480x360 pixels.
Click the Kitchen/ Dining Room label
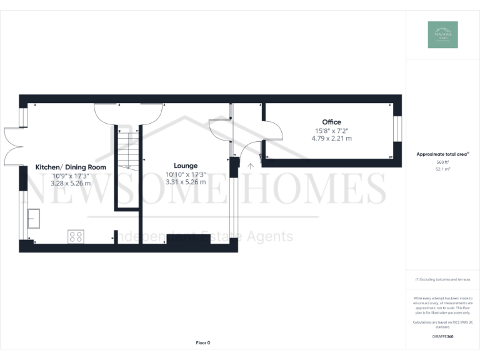point(71,167)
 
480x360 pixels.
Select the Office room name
point(331,122)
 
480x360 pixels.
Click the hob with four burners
point(76,236)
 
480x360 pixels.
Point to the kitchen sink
point(33,218)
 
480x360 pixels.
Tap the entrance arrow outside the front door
point(251,166)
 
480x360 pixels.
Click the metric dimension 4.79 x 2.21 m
point(331,138)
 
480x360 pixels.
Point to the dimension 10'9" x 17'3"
point(71,176)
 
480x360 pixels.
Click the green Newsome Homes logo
point(442,35)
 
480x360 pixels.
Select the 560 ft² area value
point(442,162)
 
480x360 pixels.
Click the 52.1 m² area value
point(442,169)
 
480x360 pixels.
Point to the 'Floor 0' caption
point(203,342)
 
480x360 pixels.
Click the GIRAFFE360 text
point(442,336)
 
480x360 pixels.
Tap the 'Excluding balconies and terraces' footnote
point(442,279)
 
